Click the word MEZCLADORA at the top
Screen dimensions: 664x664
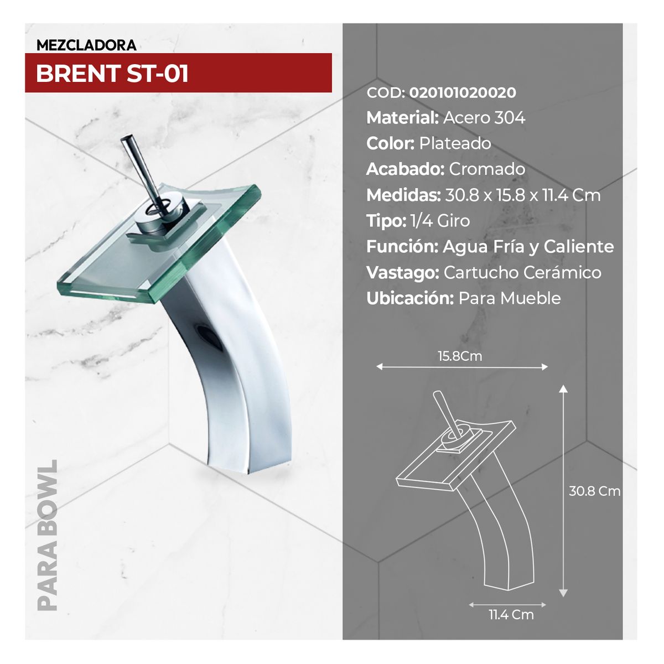pyautogui.click(x=86, y=45)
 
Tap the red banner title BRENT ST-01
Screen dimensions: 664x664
pyautogui.click(x=112, y=74)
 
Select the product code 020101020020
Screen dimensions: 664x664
pyautogui.click(x=463, y=92)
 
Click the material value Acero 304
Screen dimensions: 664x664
pyautogui.click(x=484, y=118)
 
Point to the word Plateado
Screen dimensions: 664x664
pyautogui.click(x=455, y=143)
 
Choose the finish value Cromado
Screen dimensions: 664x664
pyautogui.click(x=487, y=169)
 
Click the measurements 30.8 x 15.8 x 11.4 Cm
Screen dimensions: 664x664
pyautogui.click(x=523, y=195)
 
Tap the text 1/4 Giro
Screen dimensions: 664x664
pyautogui.click(x=440, y=221)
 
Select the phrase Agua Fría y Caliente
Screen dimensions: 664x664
pyautogui.click(x=528, y=247)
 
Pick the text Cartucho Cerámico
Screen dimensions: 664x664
pyautogui.click(x=522, y=273)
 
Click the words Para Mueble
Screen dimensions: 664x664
pyautogui.click(x=509, y=298)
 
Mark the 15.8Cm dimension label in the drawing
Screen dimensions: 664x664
pyautogui.click(x=460, y=356)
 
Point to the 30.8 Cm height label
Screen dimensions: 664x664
pyautogui.click(x=594, y=491)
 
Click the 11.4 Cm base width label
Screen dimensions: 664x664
pyautogui.click(x=511, y=614)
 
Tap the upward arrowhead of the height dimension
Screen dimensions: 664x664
pyautogui.click(x=563, y=390)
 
